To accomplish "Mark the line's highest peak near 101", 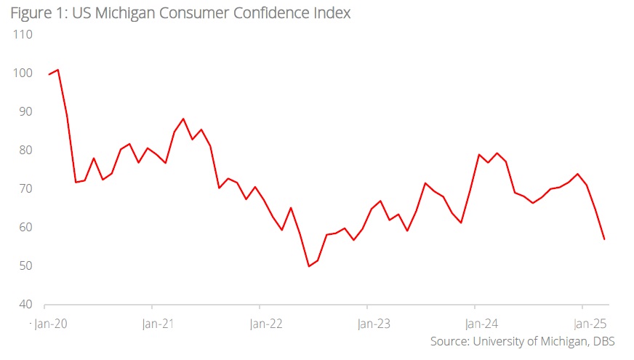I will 58,70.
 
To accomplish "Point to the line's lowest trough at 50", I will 309,266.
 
